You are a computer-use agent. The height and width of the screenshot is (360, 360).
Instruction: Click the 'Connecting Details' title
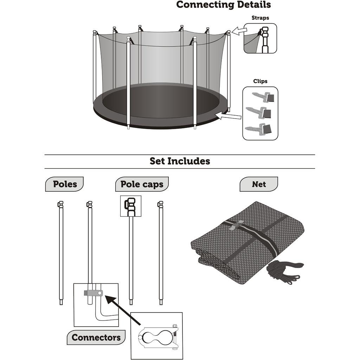click(x=223, y=5)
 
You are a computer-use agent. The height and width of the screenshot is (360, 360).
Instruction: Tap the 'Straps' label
click(x=260, y=18)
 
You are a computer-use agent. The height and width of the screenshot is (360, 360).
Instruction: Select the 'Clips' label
click(x=260, y=81)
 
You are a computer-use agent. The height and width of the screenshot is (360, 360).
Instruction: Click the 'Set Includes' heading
click(x=180, y=161)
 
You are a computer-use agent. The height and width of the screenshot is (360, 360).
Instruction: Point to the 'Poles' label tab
click(x=65, y=184)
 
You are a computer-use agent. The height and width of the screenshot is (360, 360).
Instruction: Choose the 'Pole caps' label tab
click(x=142, y=184)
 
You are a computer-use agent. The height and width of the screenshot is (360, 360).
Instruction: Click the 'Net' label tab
click(x=259, y=184)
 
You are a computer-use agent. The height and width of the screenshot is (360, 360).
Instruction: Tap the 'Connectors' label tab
click(x=96, y=337)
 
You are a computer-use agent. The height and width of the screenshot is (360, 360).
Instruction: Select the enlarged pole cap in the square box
click(x=131, y=205)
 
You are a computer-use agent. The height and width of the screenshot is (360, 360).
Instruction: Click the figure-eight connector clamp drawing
click(x=156, y=335)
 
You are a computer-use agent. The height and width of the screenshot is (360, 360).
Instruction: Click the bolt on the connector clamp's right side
click(x=176, y=335)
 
